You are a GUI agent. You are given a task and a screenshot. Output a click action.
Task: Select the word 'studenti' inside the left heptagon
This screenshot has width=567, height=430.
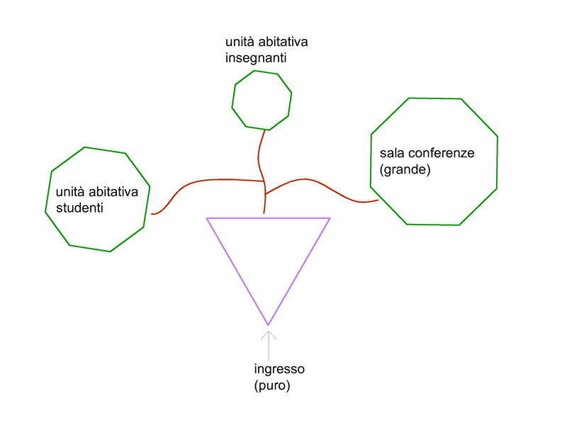click(x=79, y=208)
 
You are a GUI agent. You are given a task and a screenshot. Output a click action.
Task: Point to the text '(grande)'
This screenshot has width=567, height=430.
click(x=405, y=170)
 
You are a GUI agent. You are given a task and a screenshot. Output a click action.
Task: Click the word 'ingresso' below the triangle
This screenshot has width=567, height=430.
click(x=279, y=370)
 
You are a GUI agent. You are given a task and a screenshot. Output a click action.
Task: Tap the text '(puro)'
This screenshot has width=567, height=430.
click(x=272, y=387)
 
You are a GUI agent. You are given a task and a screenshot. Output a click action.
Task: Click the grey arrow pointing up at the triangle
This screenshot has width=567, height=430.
click(x=269, y=345)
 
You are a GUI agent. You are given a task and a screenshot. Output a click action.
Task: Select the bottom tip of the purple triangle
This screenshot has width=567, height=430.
click(x=268, y=324)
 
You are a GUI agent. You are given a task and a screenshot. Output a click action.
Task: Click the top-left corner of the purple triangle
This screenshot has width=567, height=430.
click(x=207, y=218)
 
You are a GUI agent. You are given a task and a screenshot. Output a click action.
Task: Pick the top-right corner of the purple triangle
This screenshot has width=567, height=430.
click(x=330, y=218)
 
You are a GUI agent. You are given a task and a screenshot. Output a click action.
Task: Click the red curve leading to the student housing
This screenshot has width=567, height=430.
click(x=206, y=181)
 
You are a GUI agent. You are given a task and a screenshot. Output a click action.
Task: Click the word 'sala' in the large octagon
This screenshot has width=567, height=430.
click(x=392, y=153)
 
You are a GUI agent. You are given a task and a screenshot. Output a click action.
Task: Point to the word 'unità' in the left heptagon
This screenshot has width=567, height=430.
click(x=69, y=192)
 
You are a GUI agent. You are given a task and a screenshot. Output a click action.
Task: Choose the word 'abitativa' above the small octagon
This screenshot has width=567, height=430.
click(x=276, y=43)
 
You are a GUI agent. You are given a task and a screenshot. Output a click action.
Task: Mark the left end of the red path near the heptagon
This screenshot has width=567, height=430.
click(x=152, y=213)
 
